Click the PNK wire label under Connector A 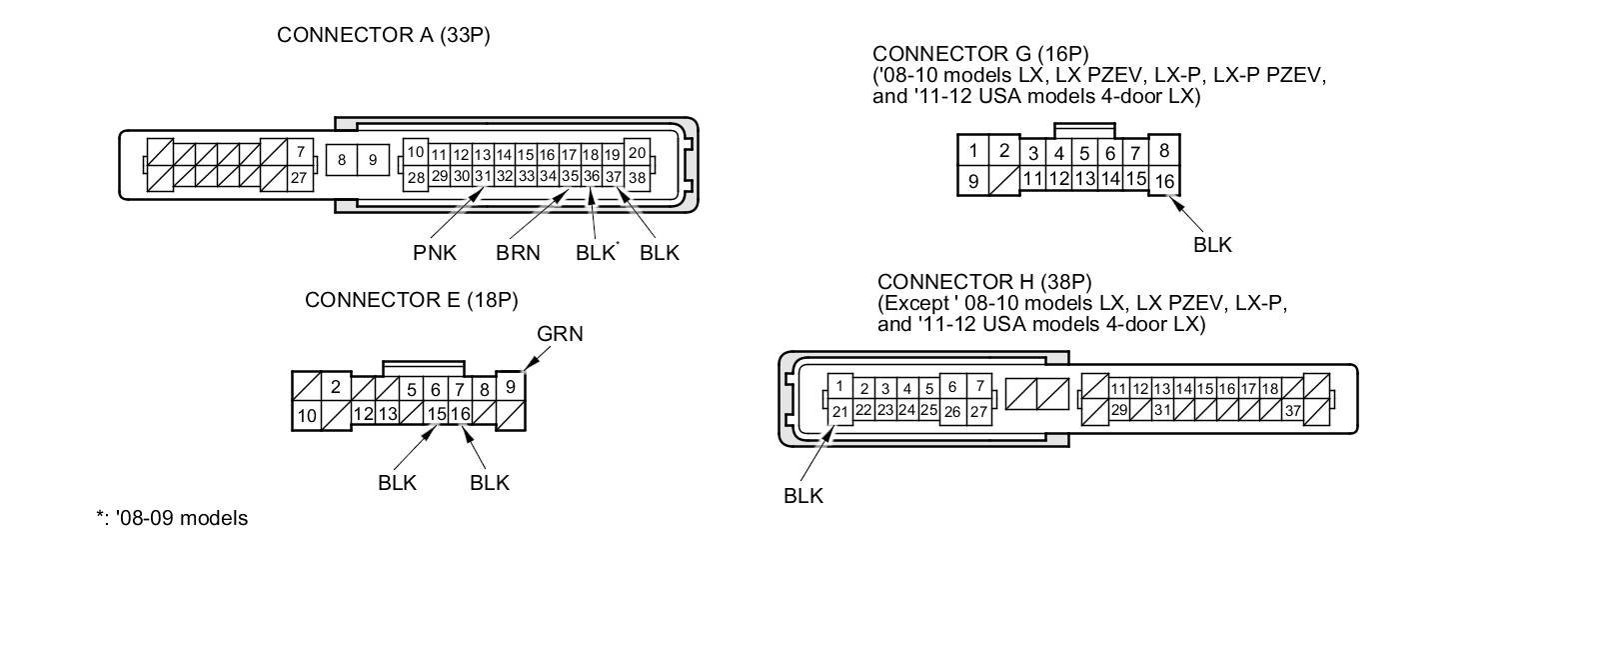pos(435,253)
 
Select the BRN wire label pos(518,253)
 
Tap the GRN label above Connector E pos(560,334)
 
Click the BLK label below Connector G pos(1212,245)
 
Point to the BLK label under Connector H pos(802,496)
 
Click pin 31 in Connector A pos(483,177)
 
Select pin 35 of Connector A pos(570,177)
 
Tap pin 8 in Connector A pos(342,160)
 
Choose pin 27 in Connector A pos(299,178)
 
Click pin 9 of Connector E pos(511,387)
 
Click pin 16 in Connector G pos(1164,181)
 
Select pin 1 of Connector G pos(973,151)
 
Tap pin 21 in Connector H pos(840,411)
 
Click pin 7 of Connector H pos(979,386)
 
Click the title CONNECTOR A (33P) pos(384,35)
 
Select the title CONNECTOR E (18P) pos(412,300)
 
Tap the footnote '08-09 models pos(172,518)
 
